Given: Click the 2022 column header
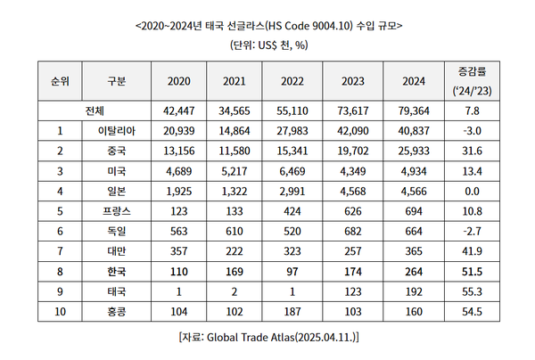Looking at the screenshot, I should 293,81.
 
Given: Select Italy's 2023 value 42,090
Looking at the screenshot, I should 350,131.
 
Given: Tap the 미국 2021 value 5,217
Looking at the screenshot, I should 236,170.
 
